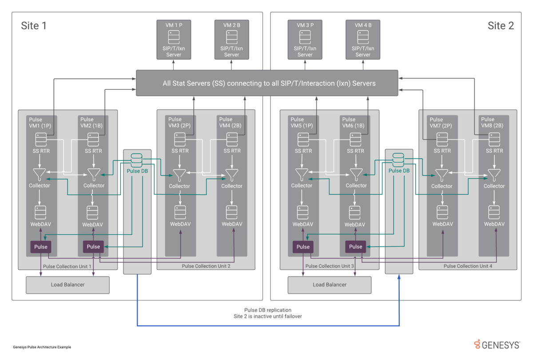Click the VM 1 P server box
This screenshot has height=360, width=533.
pos(174,40)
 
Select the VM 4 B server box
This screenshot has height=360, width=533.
pos(363,40)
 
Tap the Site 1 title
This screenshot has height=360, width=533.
pos(34,26)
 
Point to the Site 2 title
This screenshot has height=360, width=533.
pos(501,26)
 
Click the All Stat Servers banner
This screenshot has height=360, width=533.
pos(267,83)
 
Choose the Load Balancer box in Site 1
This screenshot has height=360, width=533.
pos(68,285)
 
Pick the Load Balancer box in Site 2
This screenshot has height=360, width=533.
pos(330,285)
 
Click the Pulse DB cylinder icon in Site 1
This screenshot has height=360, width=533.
pos(137,160)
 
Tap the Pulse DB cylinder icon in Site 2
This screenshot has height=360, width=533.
pos(398,160)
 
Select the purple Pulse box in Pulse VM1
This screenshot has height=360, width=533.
pos(41,247)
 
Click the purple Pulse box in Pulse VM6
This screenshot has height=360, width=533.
pos(355,247)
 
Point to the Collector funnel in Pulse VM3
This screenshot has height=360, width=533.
pos(179,175)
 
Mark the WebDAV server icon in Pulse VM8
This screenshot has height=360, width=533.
pos(494,212)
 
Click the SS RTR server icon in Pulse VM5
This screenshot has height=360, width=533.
pos(303,140)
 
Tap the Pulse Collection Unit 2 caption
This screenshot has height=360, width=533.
pos(206,266)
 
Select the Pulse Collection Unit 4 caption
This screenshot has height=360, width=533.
pos(468,266)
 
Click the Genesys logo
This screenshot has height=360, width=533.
pos(497,345)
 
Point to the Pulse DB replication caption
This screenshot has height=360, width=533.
pos(268,310)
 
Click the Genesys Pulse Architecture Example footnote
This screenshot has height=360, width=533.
pos(42,347)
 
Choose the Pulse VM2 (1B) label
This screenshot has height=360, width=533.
pos(91,122)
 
